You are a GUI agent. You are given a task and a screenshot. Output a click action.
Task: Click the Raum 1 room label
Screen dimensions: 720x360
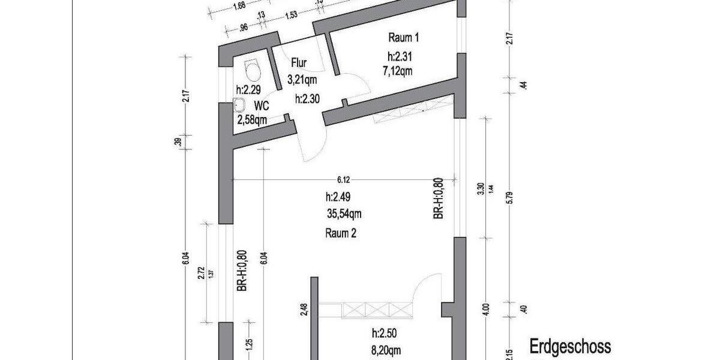[403, 38]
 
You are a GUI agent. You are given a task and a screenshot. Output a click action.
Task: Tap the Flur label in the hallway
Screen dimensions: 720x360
[299, 62]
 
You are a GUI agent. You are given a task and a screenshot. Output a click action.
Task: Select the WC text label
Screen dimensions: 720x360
[262, 106]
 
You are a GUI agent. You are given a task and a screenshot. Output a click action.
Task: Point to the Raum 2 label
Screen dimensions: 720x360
[341, 233]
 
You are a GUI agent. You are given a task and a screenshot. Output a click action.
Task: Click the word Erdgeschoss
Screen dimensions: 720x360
[570, 347]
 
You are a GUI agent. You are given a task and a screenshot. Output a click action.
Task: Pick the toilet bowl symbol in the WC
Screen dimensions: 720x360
[252, 70]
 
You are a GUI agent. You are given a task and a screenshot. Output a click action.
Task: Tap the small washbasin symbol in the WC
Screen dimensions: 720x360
[239, 105]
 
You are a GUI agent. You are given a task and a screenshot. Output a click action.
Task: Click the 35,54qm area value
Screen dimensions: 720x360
[344, 214]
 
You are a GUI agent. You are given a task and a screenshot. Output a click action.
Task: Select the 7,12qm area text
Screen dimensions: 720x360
[398, 71]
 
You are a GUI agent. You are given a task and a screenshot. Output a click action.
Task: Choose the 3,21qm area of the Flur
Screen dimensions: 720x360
[302, 79]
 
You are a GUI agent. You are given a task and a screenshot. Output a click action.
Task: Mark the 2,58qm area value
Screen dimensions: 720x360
[252, 120]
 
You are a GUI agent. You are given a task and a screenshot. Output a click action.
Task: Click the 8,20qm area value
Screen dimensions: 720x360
[386, 350]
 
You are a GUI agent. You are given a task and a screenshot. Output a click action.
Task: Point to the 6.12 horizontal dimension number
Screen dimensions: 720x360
[343, 180]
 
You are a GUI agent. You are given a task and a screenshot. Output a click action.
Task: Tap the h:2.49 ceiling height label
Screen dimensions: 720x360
[338, 197]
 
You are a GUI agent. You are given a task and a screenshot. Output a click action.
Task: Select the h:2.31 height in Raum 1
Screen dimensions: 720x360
[400, 56]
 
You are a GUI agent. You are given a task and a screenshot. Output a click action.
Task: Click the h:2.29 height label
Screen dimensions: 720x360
[248, 89]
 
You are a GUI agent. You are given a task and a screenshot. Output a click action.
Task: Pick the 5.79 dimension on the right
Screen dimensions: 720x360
[509, 197]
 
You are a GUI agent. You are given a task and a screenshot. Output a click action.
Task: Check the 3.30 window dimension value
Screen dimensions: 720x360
[481, 188]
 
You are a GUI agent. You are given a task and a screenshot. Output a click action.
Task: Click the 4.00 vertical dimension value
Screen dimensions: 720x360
[486, 310]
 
